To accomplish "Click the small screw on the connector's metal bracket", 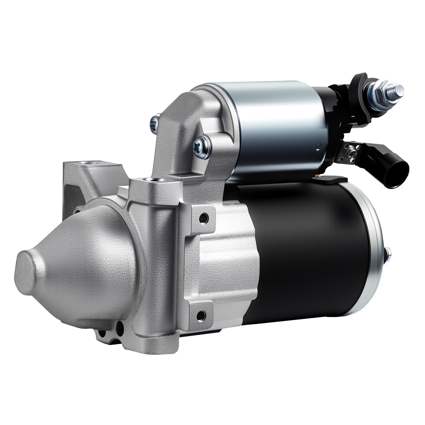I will coord(352,153).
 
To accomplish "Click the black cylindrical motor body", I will coord(305,252).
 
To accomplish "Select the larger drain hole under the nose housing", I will coord(120,328).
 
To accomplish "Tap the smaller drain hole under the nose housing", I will coord(101,333).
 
